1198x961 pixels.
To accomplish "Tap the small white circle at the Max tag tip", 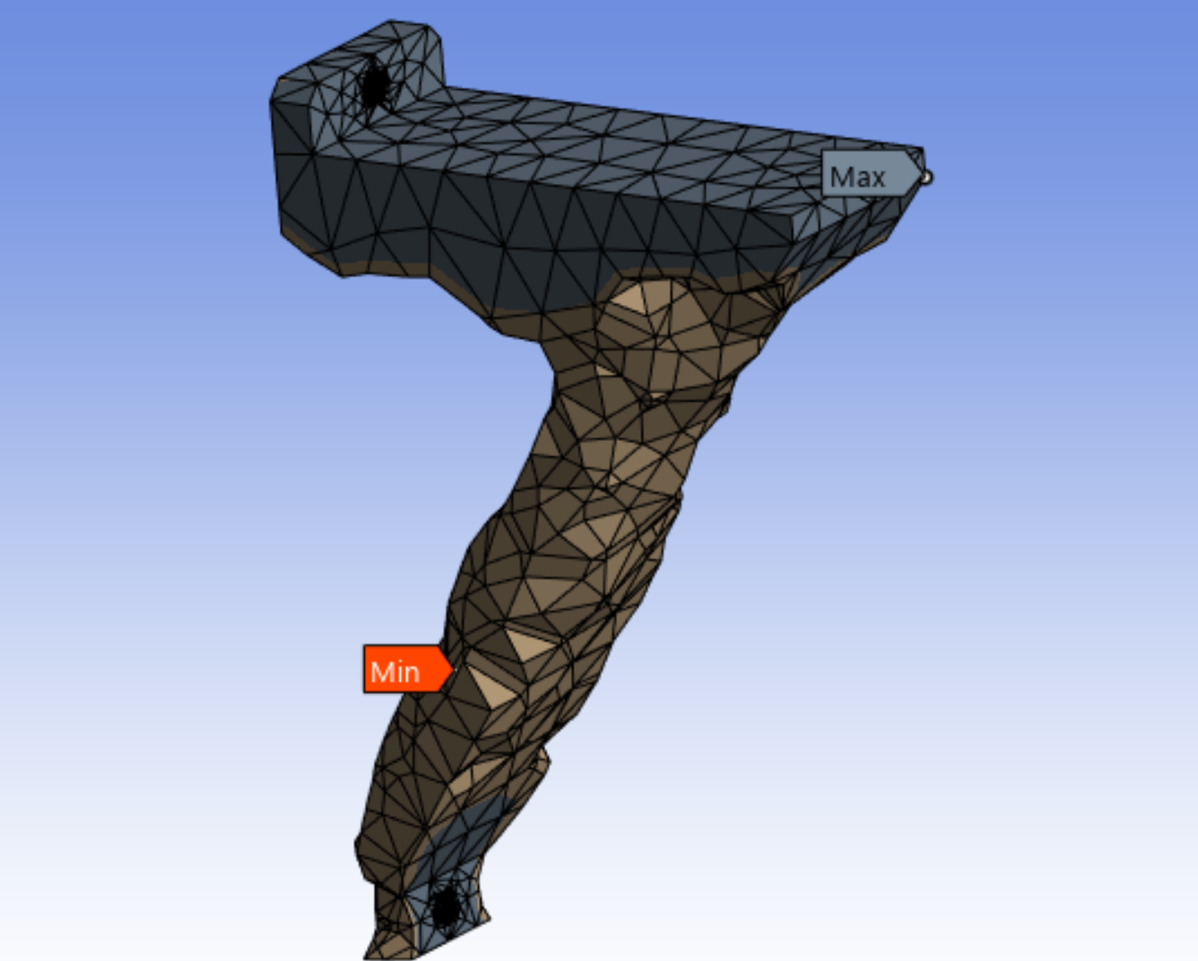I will (x=925, y=177).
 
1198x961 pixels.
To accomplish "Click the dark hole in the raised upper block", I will (x=374, y=85).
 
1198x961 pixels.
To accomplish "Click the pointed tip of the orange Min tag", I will (x=449, y=669).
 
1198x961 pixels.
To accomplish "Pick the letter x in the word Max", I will (x=876, y=177).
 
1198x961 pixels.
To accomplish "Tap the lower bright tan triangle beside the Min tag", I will (x=489, y=687).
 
